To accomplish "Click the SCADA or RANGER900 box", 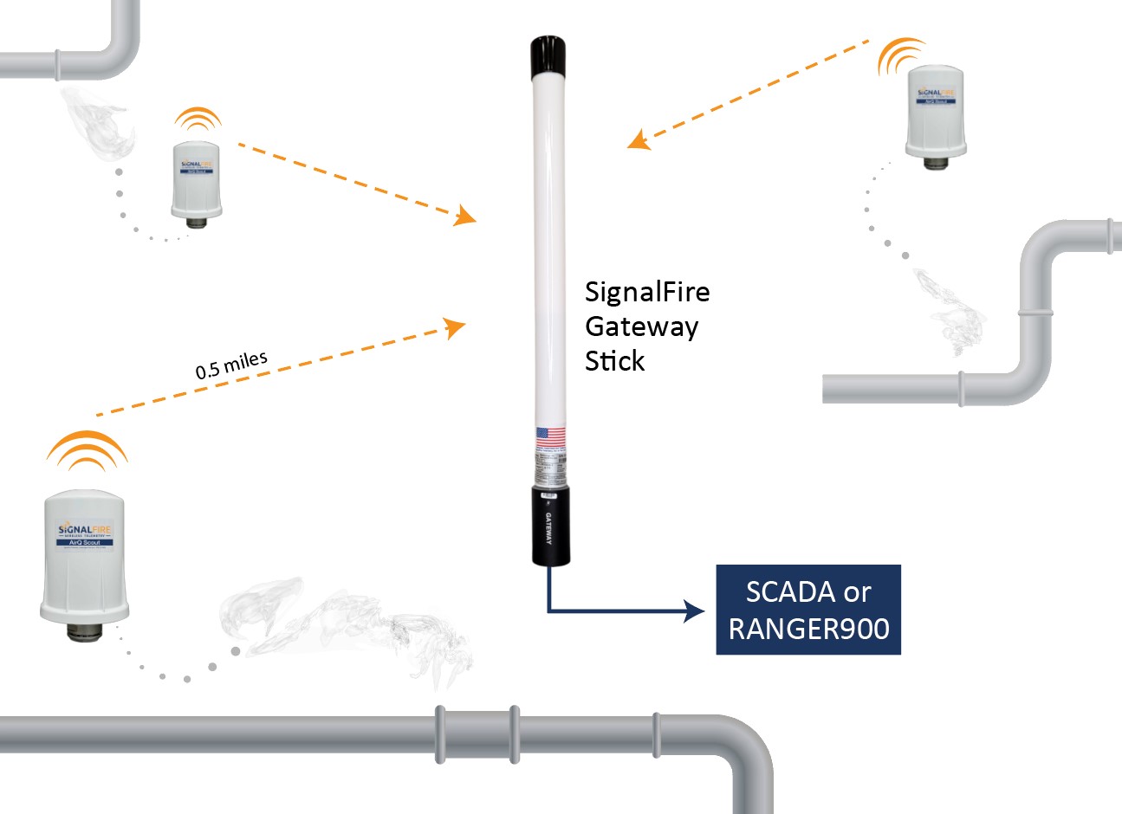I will (x=808, y=609).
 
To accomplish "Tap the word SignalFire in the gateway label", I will (x=647, y=292).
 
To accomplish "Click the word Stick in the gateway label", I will (x=614, y=361).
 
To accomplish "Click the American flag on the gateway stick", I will (x=550, y=438).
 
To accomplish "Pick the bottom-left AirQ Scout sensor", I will (x=84, y=559).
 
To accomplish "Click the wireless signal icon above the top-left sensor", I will (x=198, y=119).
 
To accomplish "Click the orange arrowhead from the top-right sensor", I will (x=639, y=139).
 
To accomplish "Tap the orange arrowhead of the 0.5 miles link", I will (x=455, y=327).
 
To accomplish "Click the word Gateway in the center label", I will (x=641, y=326).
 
